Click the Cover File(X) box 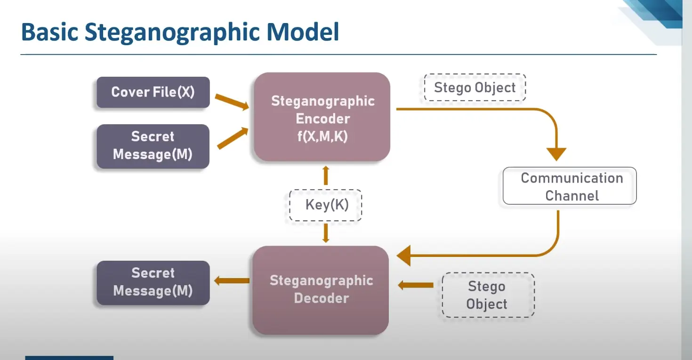153,92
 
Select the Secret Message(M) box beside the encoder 153,146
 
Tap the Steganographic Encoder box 322,117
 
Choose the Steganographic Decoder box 321,290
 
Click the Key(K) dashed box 326,205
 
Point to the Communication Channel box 570,186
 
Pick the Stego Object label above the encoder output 475,88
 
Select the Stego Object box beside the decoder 488,295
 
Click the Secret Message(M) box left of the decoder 153,283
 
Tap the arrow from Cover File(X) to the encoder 232,102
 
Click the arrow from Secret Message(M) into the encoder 233,138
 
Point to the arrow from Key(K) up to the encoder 326,176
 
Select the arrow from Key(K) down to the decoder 326,233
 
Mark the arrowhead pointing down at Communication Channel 556,154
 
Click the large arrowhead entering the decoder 404,256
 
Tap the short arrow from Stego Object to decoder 416,285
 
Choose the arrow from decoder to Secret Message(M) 232,280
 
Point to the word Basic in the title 50,32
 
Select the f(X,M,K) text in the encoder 322,136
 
